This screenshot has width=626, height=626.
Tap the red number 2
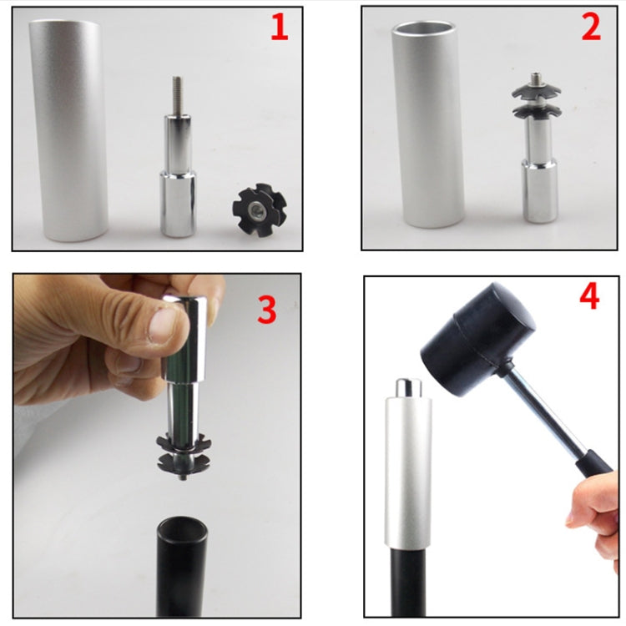click(591, 28)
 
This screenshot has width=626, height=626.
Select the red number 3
click(266, 310)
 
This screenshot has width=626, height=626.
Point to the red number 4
click(589, 297)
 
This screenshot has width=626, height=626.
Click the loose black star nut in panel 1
click(258, 210)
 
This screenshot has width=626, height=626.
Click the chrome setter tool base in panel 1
click(178, 200)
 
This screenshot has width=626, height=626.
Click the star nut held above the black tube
click(184, 451)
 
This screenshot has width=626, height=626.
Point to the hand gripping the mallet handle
click(594, 509)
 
